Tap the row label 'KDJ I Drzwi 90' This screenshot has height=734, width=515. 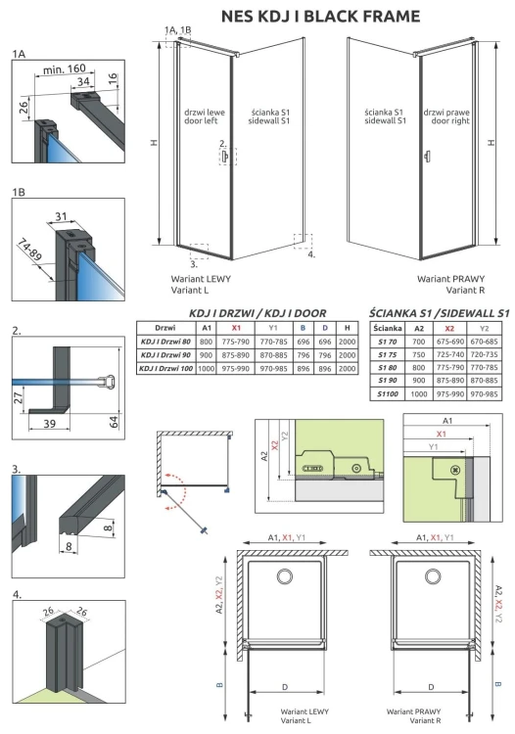(164, 354)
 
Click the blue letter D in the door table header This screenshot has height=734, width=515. (325, 327)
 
